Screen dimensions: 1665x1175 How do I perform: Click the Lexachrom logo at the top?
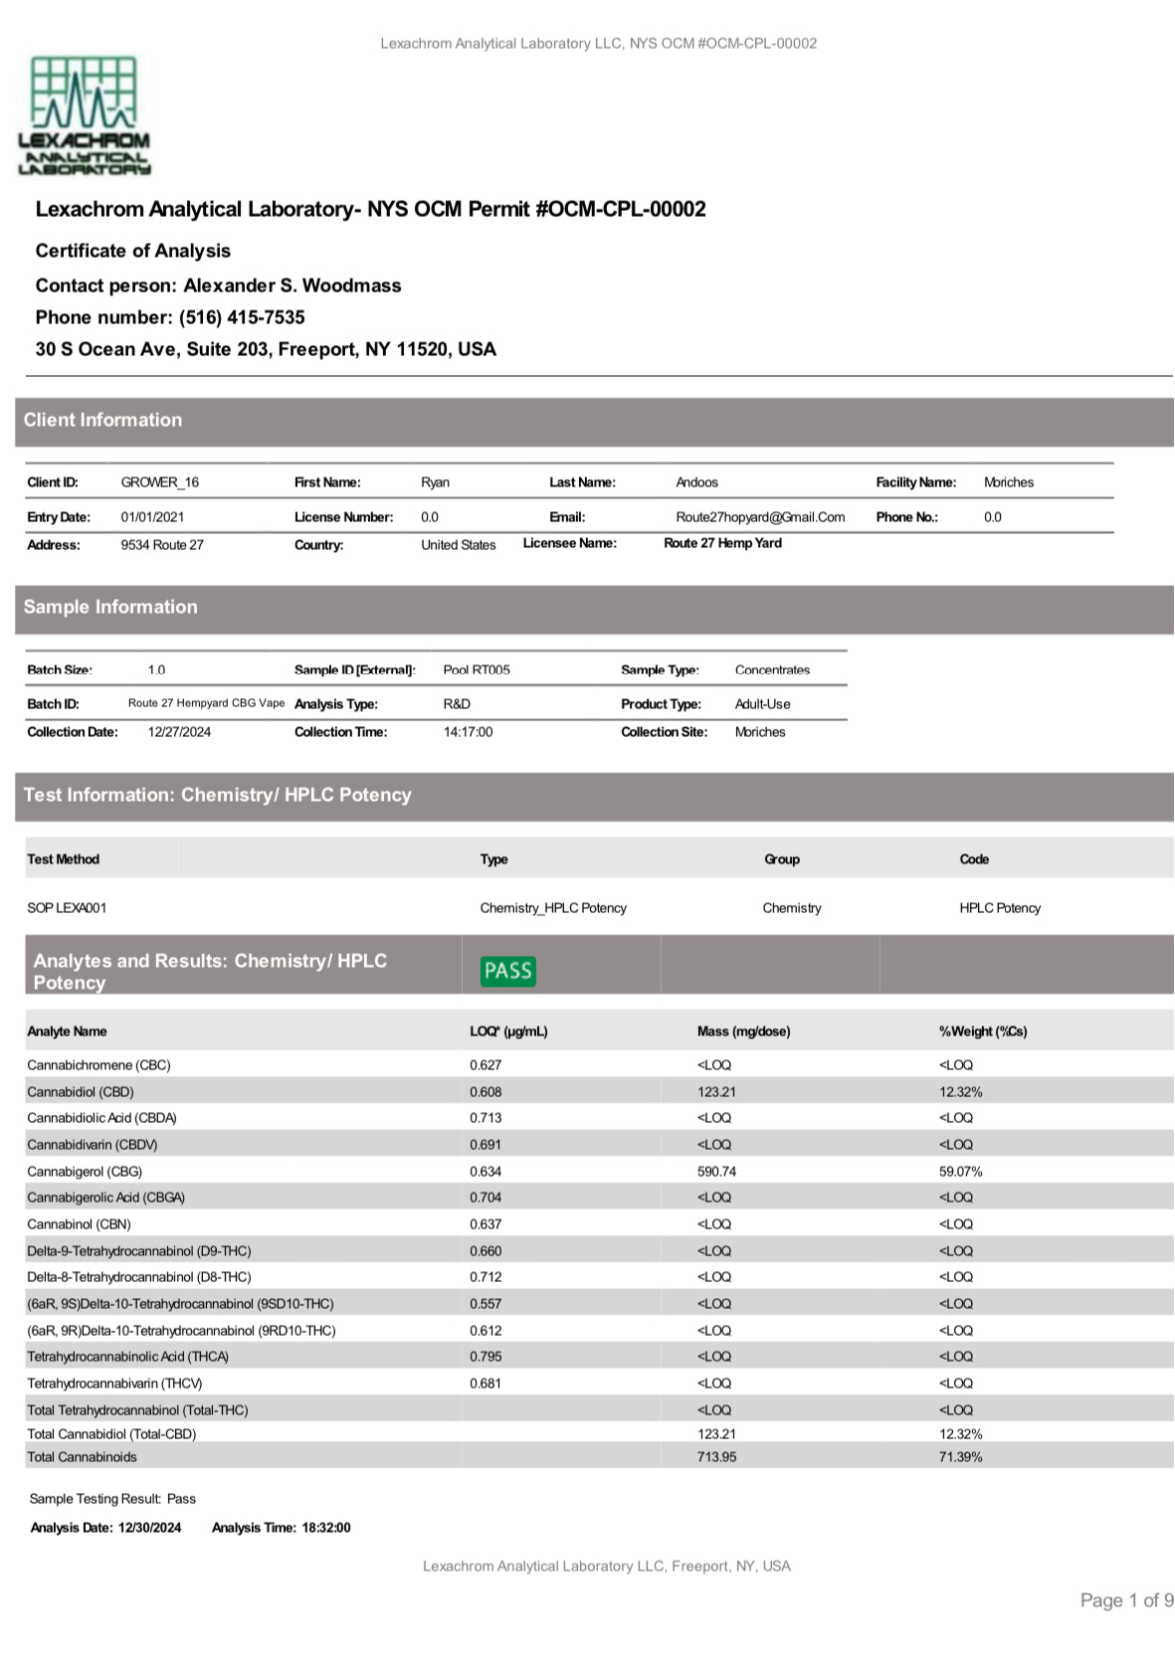[x=85, y=115]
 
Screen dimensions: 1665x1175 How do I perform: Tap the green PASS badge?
[x=507, y=971]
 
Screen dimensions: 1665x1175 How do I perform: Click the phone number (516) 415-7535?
[x=242, y=317]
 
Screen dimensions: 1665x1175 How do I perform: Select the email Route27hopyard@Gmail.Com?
[x=760, y=517]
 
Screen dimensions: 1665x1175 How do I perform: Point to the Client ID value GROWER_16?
[x=159, y=482]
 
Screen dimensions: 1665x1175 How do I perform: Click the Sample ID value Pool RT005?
[x=477, y=670]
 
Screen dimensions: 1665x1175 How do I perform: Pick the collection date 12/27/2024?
[x=179, y=732]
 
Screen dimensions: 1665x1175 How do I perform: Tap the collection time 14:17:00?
[x=468, y=732]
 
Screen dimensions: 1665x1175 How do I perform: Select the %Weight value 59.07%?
[x=960, y=1172]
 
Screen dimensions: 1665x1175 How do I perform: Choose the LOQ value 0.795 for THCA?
[x=486, y=1357]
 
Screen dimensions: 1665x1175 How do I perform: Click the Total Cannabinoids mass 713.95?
[x=716, y=1457]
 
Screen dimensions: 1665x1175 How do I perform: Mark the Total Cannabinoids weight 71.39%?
[x=960, y=1457]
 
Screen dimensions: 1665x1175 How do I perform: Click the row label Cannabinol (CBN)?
[x=79, y=1224]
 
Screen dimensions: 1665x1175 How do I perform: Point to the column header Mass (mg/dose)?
[x=743, y=1031]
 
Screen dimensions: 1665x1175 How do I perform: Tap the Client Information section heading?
[x=102, y=420]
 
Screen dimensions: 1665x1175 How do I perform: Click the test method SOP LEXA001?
[x=67, y=908]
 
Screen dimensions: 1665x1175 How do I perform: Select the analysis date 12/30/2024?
[x=149, y=1528]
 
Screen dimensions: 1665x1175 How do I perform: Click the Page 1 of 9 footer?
[x=1126, y=1600]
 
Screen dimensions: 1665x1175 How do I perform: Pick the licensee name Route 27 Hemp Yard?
[x=722, y=543]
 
